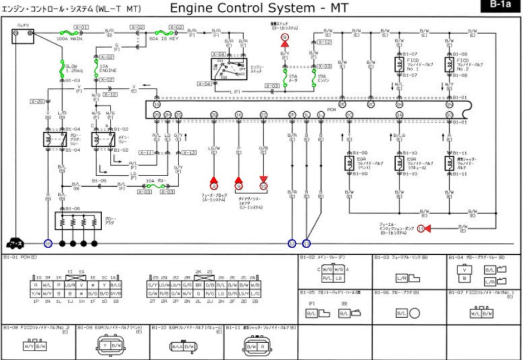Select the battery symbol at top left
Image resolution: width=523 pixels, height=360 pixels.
click(x=23, y=36)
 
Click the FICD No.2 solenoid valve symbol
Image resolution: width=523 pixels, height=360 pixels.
click(x=449, y=64)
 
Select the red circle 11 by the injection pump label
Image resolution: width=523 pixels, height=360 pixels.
click(x=421, y=228)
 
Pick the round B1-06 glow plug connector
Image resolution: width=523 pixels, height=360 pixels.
click(x=414, y=312)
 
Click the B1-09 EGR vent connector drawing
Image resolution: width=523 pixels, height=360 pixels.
click(x=110, y=345)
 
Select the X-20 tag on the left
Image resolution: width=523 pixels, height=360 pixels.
click(x=37, y=101)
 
